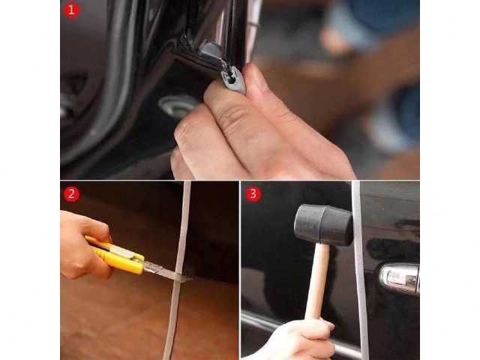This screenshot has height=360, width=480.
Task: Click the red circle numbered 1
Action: tap(71, 10)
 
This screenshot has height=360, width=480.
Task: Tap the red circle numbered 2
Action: tap(71, 194)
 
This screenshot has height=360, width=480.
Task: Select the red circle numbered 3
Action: tap(253, 194)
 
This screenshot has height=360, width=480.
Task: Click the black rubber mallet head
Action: tap(323, 224)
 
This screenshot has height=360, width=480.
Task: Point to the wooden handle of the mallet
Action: tap(318, 280)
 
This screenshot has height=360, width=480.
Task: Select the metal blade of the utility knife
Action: tap(165, 272)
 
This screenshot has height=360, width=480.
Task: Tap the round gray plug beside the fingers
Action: tap(178, 106)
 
